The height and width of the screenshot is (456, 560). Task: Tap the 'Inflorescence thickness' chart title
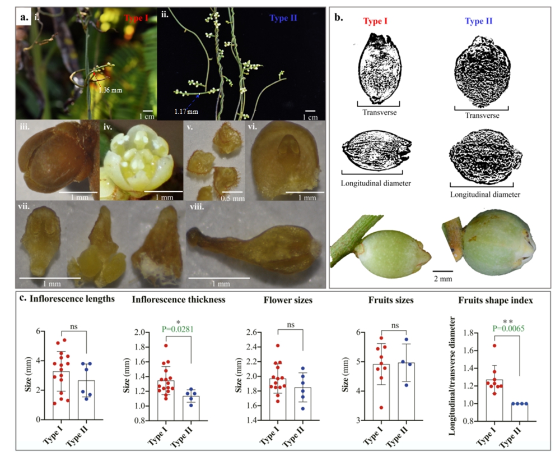click(x=179, y=300)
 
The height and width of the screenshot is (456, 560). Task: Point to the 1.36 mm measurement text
click(x=110, y=89)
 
